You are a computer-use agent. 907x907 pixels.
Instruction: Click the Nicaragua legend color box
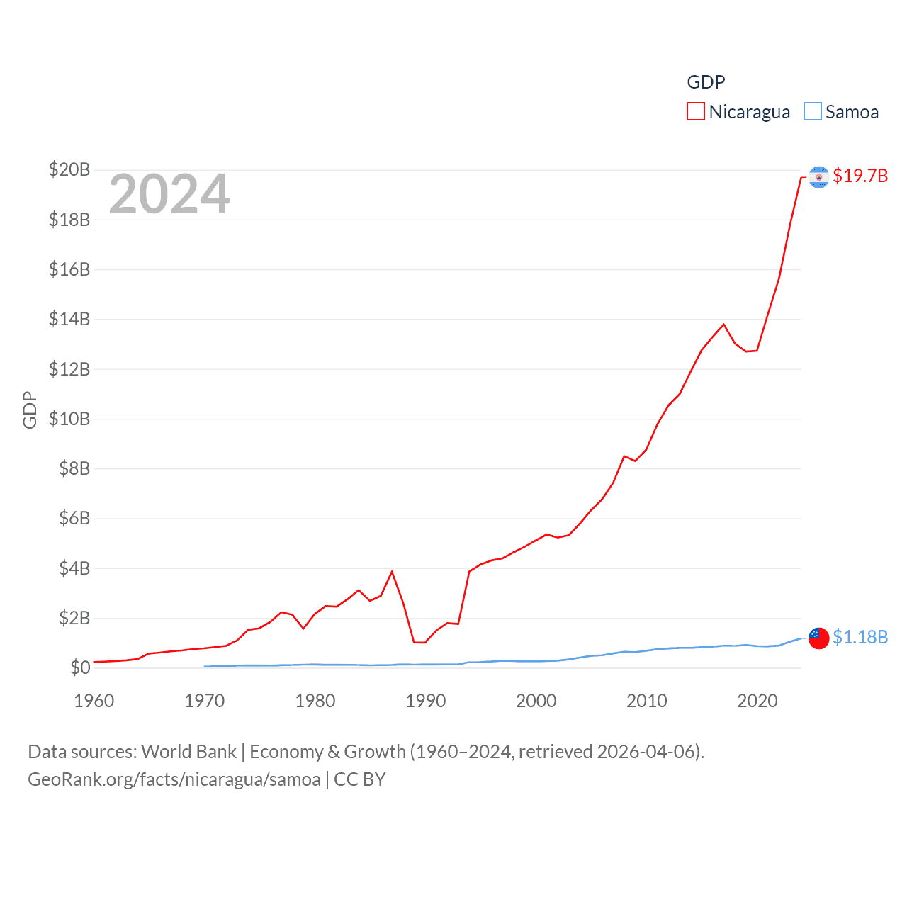[696, 112]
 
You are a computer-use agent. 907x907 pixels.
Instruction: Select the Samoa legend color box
[813, 112]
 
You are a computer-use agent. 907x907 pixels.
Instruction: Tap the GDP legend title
[706, 82]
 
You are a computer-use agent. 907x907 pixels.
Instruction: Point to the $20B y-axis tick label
[69, 169]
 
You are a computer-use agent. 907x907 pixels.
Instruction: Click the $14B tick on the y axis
[69, 319]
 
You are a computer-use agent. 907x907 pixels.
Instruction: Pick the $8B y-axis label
[74, 468]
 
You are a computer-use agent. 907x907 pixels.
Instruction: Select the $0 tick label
[80, 667]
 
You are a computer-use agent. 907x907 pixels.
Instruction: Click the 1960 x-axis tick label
[94, 701]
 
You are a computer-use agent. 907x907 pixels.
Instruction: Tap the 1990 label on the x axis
[425, 701]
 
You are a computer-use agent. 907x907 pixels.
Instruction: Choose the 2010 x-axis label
[646, 701]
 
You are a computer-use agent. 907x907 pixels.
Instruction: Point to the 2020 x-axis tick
[757, 701]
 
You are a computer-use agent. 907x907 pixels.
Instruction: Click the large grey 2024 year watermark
[169, 194]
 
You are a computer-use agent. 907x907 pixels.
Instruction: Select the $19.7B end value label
[860, 176]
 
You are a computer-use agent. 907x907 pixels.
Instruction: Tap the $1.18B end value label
[860, 637]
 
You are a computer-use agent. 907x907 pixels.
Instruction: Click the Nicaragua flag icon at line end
[819, 177]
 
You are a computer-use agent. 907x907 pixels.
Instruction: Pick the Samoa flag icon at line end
[819, 638]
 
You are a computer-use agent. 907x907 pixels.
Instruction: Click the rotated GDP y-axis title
[30, 410]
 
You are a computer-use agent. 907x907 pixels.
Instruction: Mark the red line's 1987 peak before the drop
[392, 572]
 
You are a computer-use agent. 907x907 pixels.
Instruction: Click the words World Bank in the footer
[188, 752]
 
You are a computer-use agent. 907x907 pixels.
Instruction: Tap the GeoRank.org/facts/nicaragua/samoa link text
[174, 779]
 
